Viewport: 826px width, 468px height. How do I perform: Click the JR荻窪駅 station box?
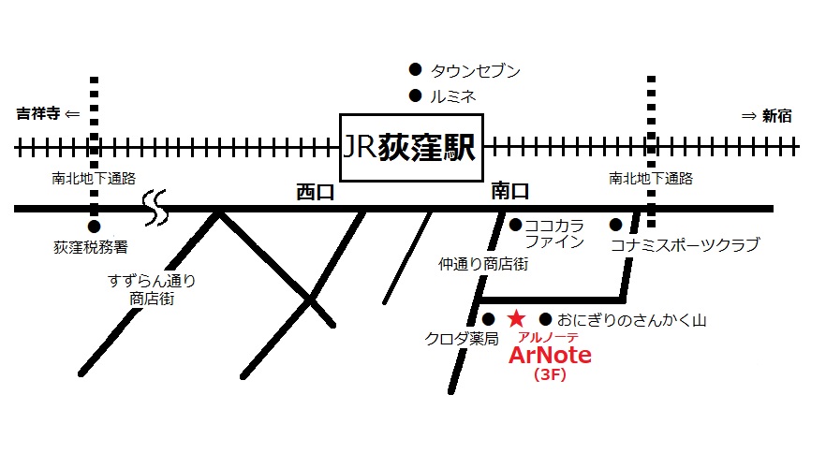click(x=410, y=148)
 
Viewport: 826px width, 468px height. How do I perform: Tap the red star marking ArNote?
click(x=516, y=319)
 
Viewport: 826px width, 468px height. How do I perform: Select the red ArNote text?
click(x=550, y=357)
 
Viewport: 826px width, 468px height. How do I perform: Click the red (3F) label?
click(x=550, y=376)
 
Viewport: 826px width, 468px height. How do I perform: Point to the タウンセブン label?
click(x=475, y=70)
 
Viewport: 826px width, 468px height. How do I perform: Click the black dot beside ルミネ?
click(x=415, y=95)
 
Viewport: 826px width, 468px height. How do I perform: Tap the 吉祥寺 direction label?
click(x=38, y=115)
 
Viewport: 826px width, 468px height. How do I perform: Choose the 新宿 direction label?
click(x=776, y=116)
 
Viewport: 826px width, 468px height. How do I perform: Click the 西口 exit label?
click(x=315, y=192)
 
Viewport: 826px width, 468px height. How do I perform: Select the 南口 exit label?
click(x=510, y=192)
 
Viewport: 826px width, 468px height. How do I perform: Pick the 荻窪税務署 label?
click(x=91, y=248)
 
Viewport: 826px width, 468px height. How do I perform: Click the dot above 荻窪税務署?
click(x=94, y=226)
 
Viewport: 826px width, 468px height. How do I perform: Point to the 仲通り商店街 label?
click(x=483, y=265)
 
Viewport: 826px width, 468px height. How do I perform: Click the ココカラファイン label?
click(x=554, y=234)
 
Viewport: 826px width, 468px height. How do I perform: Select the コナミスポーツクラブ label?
click(x=684, y=245)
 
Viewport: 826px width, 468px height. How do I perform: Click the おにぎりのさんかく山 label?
click(x=634, y=320)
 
